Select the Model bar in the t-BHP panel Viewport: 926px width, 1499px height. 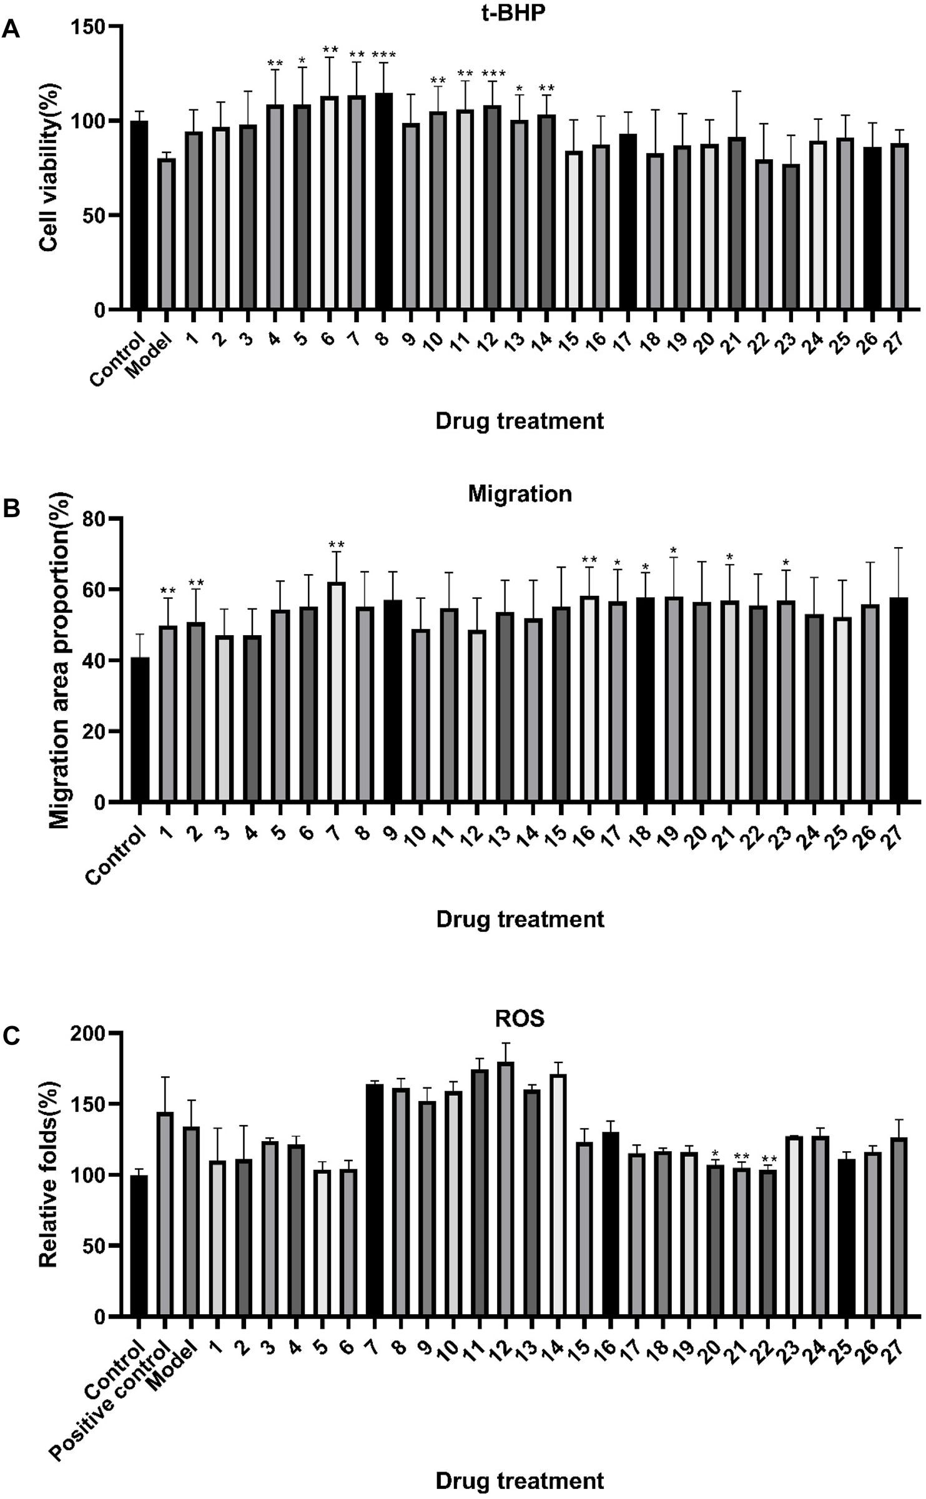(167, 234)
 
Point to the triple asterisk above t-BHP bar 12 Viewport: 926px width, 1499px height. (493, 74)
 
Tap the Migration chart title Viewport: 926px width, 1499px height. (520, 494)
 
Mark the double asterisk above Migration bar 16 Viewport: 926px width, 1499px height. (589, 559)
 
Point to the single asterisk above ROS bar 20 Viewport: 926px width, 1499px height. (716, 1154)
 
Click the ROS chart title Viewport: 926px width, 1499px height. (520, 1019)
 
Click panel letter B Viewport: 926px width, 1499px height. (11, 508)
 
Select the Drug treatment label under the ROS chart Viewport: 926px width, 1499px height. (520, 1481)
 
